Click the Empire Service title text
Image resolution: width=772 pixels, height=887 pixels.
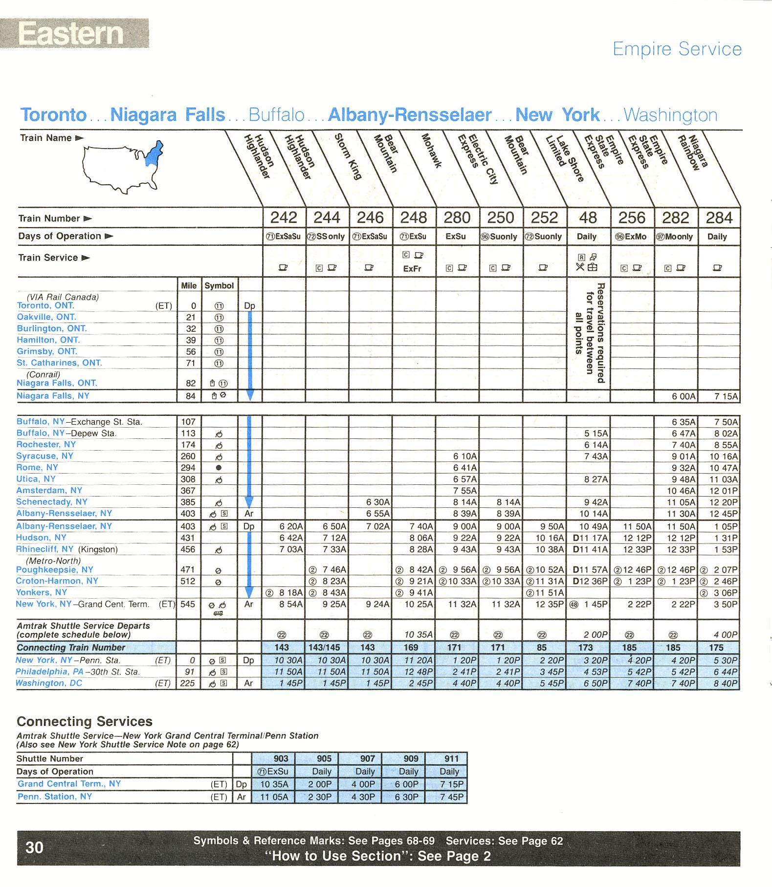coord(677,49)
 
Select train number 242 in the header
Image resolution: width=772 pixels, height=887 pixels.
coord(284,217)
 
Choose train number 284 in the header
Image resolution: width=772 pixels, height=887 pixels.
coord(719,217)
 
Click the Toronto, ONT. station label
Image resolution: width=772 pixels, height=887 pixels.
coord(45,305)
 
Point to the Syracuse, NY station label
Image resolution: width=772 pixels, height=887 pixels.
coord(44,456)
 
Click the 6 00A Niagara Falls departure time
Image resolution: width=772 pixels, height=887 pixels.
coord(683,396)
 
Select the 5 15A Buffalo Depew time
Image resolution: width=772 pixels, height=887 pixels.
coord(596,433)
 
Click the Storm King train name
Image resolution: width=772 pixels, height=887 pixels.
coord(347,156)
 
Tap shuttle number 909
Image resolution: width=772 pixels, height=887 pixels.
coord(411,758)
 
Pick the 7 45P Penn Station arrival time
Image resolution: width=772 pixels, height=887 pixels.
coord(451,797)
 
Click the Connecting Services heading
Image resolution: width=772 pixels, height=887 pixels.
coord(85,721)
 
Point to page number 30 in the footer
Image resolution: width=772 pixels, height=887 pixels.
coord(34,847)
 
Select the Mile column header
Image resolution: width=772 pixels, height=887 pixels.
coord(188,285)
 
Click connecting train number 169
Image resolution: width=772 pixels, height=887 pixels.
coord(411,647)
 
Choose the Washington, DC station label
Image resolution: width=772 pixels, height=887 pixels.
coord(49,683)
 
